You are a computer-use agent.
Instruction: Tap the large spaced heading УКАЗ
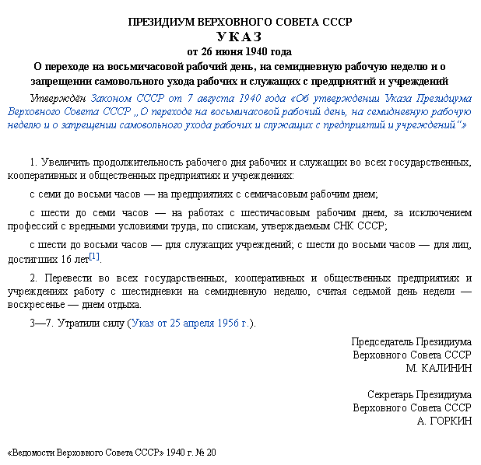click(x=239, y=37)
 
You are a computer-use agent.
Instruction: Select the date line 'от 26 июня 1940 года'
click(x=240, y=52)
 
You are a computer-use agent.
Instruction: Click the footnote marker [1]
click(x=94, y=255)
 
